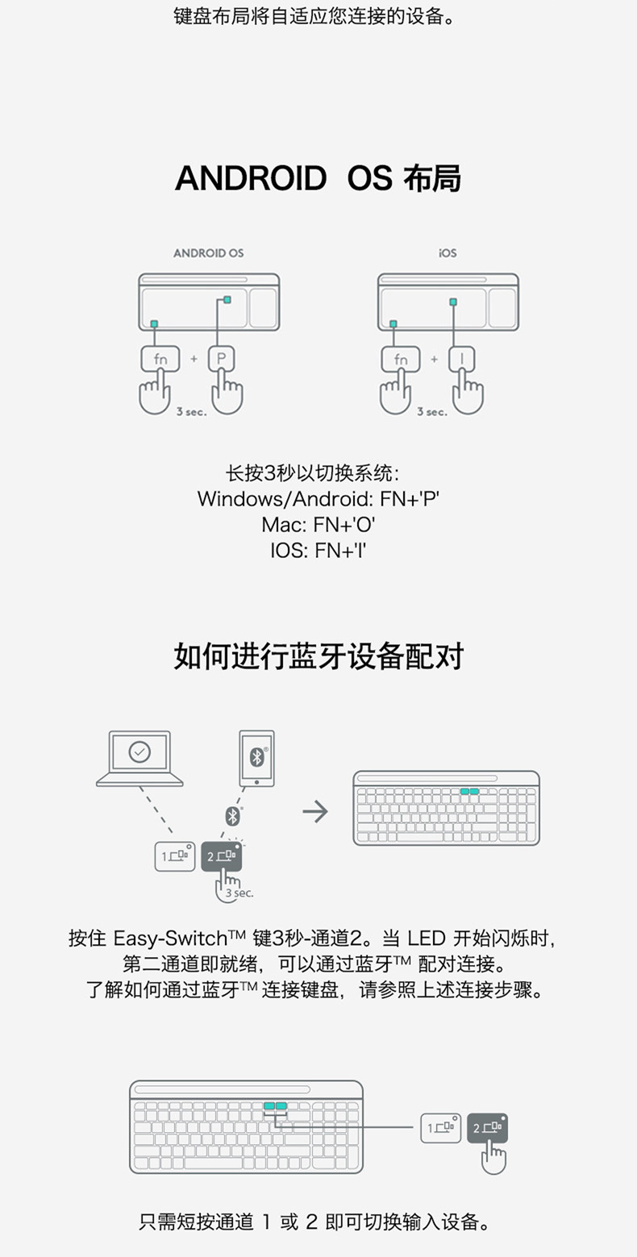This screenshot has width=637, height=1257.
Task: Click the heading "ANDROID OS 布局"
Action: click(318, 178)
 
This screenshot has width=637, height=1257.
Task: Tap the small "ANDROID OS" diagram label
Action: click(208, 253)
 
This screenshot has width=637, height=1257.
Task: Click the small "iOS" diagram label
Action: click(448, 253)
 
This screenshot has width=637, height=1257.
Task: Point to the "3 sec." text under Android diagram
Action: click(192, 412)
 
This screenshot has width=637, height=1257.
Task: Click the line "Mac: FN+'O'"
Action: click(318, 525)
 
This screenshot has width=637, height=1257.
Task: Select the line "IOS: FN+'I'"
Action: click(318, 551)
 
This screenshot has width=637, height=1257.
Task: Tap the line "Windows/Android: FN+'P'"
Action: click(318, 498)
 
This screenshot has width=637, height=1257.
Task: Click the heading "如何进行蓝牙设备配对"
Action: click(318, 656)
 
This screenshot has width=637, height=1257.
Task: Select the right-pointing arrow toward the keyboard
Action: click(315, 811)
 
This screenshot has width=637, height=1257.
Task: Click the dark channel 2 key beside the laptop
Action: click(221, 856)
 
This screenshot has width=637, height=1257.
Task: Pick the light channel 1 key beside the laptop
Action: click(174, 856)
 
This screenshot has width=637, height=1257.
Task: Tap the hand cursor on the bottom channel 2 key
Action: click(493, 1158)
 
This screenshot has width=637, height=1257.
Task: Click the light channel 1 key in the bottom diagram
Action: click(440, 1128)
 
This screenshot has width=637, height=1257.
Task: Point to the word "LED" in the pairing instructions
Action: click(427, 939)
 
